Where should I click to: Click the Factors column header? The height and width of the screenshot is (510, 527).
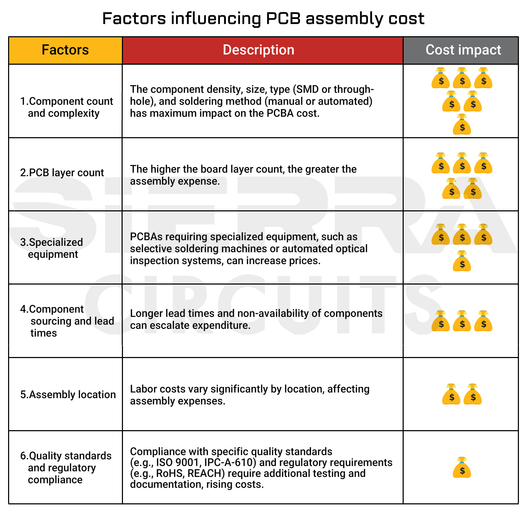[65, 50]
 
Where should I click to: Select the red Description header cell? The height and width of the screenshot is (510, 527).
[259, 50]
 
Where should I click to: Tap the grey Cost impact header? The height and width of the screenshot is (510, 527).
[463, 50]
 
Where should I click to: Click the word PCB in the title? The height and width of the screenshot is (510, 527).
[283, 18]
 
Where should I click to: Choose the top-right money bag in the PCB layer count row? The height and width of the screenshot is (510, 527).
[483, 164]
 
